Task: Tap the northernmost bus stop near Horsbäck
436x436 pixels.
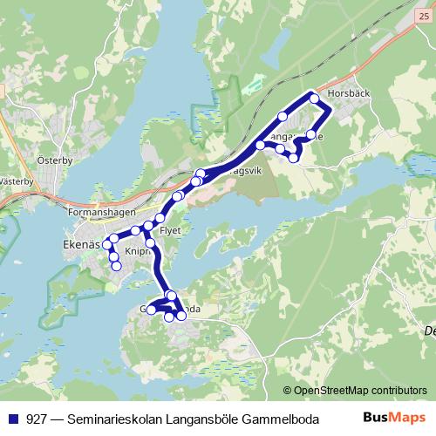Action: pos(314,98)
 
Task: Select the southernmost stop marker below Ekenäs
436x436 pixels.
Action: pos(116,265)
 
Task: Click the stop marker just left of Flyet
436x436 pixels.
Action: pos(149,227)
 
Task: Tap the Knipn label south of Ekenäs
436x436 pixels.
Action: pos(138,250)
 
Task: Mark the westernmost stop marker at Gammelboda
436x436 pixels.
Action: pos(151,309)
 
